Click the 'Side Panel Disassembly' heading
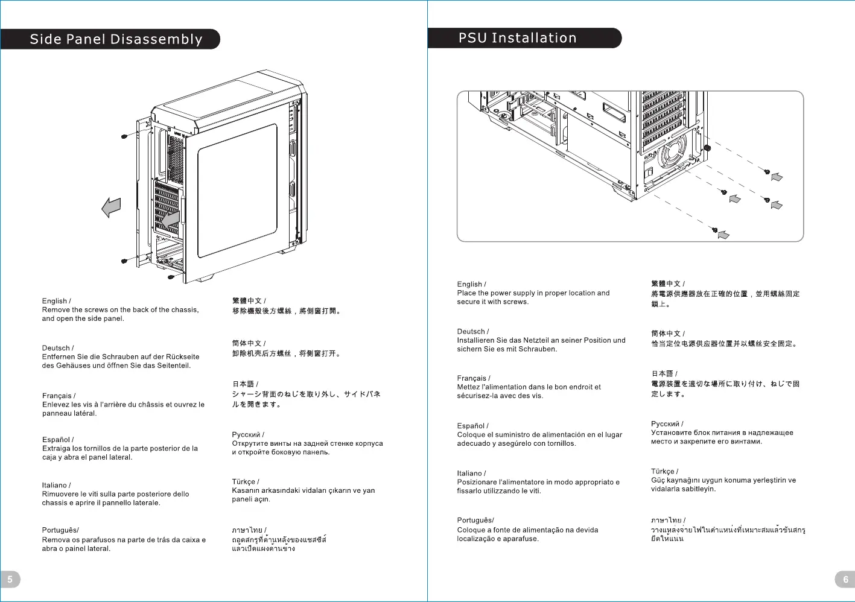[x=116, y=39]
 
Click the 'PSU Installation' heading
[x=517, y=38]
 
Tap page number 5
[x=10, y=579]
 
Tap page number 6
[x=845, y=579]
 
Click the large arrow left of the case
[x=111, y=208]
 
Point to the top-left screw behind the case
[x=124, y=136]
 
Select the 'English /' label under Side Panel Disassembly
[x=56, y=301]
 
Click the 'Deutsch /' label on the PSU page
[x=473, y=331]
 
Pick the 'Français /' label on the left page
[x=59, y=396]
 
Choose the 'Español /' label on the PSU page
[x=472, y=426]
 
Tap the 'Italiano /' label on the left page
[x=56, y=485]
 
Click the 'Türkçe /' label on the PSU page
[x=664, y=471]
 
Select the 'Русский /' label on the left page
[x=247, y=434]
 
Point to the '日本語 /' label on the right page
[x=664, y=373]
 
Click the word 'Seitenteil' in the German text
[x=173, y=366]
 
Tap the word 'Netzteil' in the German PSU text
[x=536, y=340]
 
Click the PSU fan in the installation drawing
[x=672, y=151]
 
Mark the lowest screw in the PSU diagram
[x=715, y=230]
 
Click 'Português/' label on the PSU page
[x=475, y=520]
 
